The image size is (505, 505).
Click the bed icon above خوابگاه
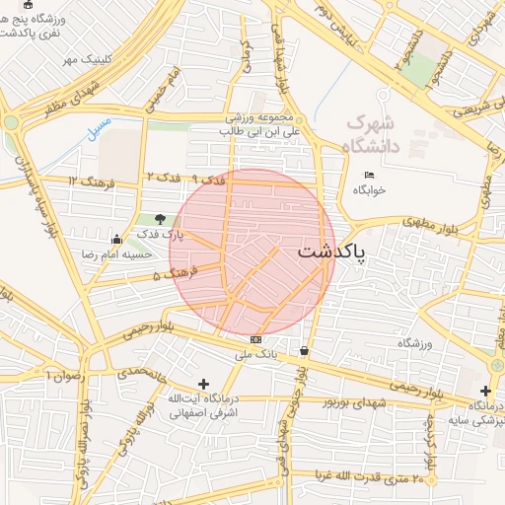click(x=369, y=176)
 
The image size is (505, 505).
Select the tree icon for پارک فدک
click(x=160, y=219)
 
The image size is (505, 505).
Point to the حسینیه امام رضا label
click(x=117, y=254)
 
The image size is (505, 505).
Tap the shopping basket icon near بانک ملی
click(x=303, y=351)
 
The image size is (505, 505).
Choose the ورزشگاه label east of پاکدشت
click(x=415, y=342)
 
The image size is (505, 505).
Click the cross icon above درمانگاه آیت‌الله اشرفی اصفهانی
click(x=204, y=383)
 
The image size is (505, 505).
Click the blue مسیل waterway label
click(x=99, y=131)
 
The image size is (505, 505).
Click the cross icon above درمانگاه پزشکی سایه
click(x=485, y=391)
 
